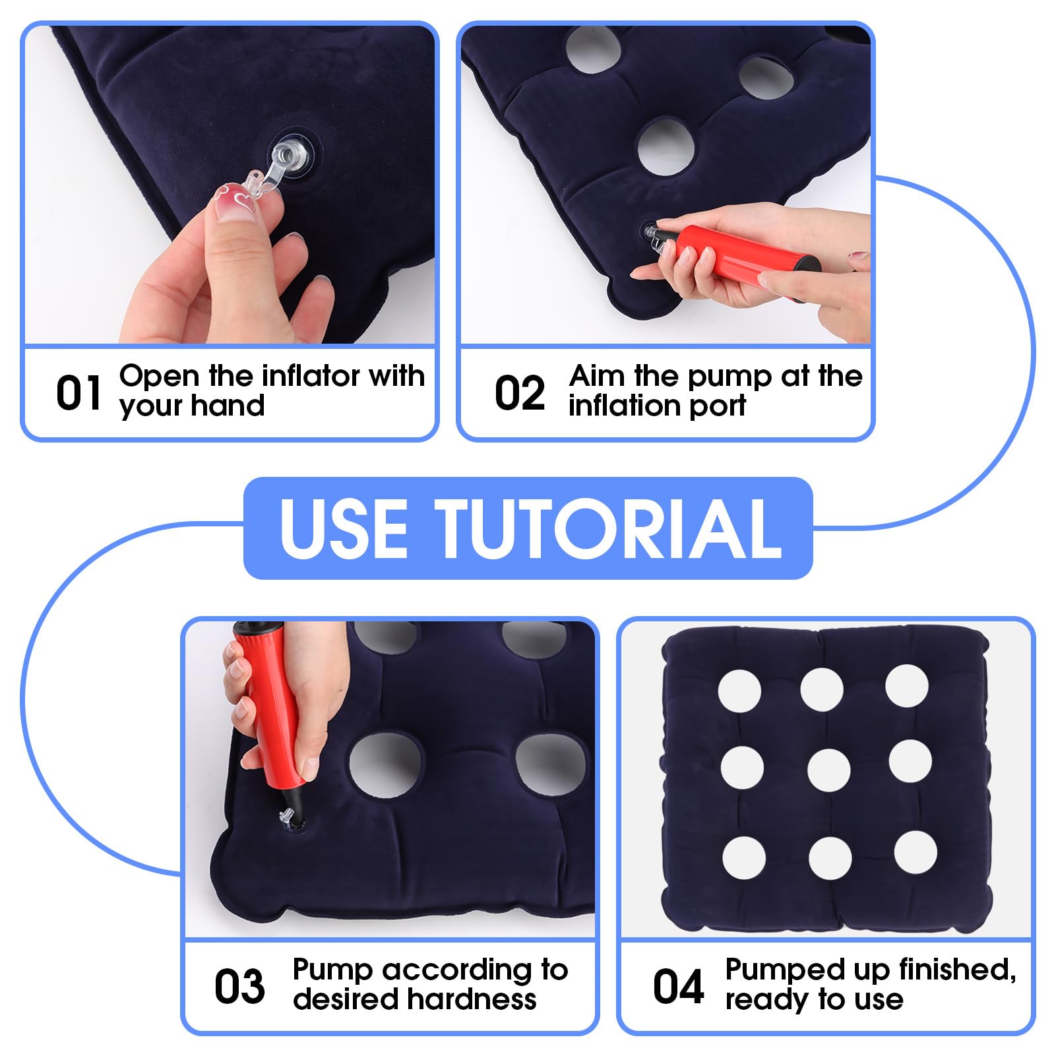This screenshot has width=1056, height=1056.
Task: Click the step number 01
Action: [x=78, y=393]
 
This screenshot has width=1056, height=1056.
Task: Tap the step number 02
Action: [x=519, y=393]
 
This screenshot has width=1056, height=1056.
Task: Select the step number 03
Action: [x=239, y=987]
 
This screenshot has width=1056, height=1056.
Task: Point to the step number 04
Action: [x=678, y=987]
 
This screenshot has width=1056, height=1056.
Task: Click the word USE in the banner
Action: [x=343, y=528]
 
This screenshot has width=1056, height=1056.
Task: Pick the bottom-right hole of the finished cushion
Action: [x=916, y=852]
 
